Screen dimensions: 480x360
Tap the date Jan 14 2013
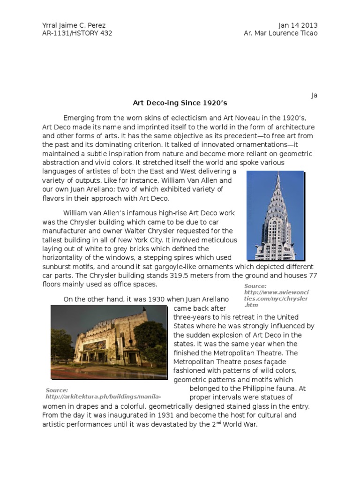tap(298, 25)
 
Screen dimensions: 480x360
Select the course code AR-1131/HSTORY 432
tap(77, 33)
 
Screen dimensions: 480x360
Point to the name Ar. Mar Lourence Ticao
tap(281, 33)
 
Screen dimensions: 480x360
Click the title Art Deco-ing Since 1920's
tap(180, 103)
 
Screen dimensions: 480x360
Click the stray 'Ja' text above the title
tap(314, 95)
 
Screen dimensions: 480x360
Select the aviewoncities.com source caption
tap(277, 295)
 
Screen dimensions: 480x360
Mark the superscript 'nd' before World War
tap(218, 422)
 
